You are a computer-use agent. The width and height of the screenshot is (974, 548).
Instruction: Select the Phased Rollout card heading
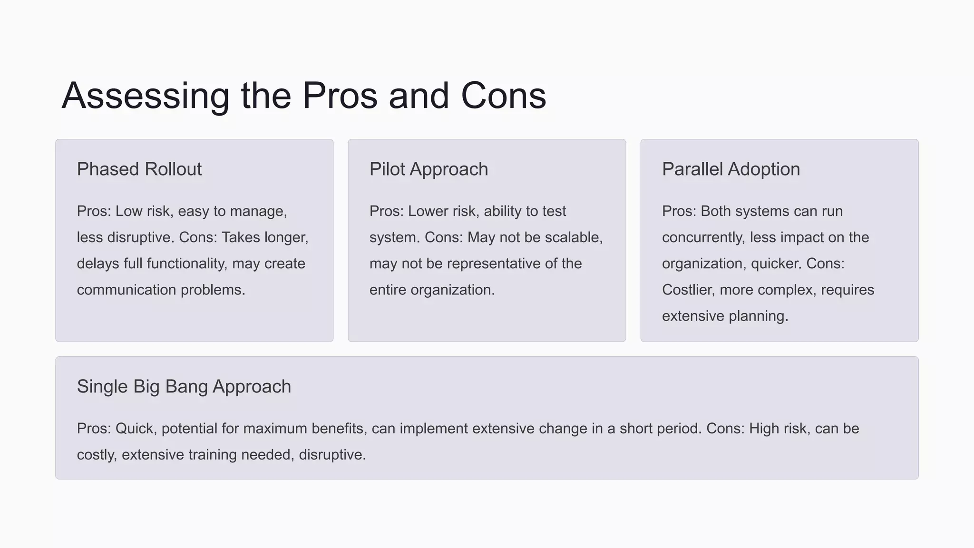[139, 169]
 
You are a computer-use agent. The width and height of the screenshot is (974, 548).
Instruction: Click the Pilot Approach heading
[429, 169]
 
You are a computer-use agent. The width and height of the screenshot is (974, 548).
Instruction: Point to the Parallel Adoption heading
[730, 169]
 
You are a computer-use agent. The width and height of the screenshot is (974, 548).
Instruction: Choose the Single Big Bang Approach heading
[184, 387]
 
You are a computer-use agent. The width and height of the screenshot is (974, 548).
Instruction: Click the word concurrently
[703, 237]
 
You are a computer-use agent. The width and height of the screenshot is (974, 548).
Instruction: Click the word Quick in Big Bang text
[135, 429]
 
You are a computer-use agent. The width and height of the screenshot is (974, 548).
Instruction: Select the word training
[213, 455]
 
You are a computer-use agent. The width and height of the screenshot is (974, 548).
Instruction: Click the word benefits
[339, 429]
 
